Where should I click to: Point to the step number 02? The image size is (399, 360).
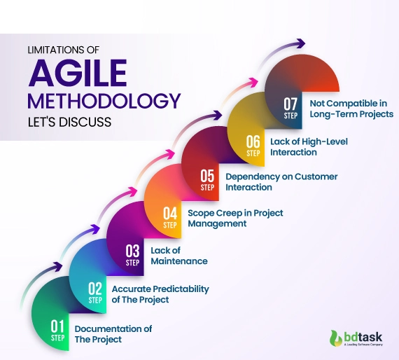click(x=95, y=288)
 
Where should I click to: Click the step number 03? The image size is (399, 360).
click(x=133, y=250)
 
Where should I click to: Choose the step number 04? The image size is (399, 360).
click(x=171, y=213)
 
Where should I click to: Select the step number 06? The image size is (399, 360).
click(x=253, y=142)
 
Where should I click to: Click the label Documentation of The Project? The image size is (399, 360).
click(x=113, y=334)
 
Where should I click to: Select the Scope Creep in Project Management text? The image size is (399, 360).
click(x=235, y=218)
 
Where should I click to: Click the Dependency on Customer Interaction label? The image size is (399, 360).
click(x=281, y=182)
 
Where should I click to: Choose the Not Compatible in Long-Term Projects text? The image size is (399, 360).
click(x=351, y=108)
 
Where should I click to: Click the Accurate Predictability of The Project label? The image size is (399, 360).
click(x=160, y=294)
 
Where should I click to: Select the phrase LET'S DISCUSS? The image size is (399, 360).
click(x=68, y=122)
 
